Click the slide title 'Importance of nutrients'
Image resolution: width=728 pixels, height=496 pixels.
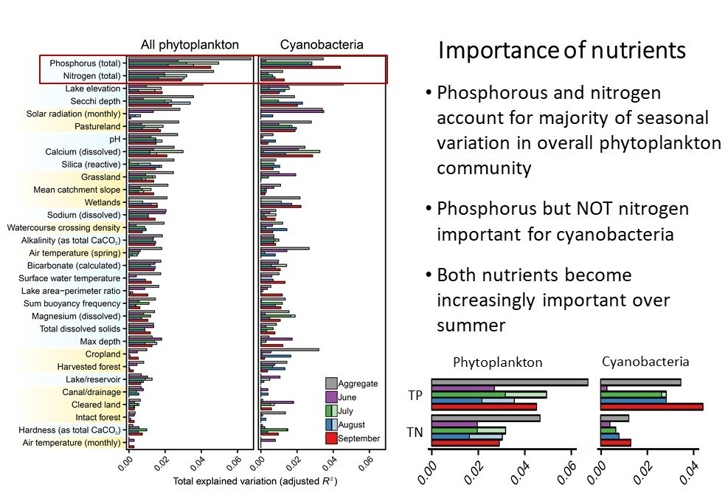[x=562, y=51]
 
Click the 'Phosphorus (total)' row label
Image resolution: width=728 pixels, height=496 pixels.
[x=84, y=63]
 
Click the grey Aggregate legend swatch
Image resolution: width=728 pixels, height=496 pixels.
[x=332, y=383]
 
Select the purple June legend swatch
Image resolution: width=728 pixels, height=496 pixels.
[x=332, y=397]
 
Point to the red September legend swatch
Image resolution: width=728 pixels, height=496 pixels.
[x=332, y=438]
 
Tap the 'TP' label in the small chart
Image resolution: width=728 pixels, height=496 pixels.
[x=416, y=395]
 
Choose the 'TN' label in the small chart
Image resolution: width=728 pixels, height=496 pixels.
[x=416, y=431]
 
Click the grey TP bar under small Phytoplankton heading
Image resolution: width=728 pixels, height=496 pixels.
[x=509, y=382]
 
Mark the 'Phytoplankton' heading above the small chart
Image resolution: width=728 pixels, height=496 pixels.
[x=497, y=362]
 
